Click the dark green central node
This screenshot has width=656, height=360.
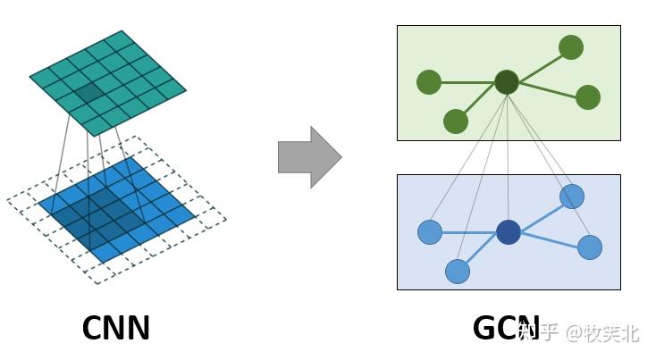coord(507,82)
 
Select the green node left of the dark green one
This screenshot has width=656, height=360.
coord(429,82)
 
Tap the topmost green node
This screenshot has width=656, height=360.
coord(571,47)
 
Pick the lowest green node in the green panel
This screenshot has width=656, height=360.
coord(456,121)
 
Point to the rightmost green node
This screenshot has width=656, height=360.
coord(587,97)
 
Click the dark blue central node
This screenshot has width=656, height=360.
coord(508,232)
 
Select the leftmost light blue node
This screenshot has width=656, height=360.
coord(430,232)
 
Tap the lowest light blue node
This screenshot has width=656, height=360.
coord(458,271)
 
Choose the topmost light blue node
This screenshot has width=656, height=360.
coord(572,197)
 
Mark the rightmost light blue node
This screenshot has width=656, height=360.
coord(590,247)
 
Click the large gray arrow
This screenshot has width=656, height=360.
coord(309,157)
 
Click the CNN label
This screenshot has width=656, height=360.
coord(115,328)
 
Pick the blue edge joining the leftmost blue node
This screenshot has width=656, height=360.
coord(468,232)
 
